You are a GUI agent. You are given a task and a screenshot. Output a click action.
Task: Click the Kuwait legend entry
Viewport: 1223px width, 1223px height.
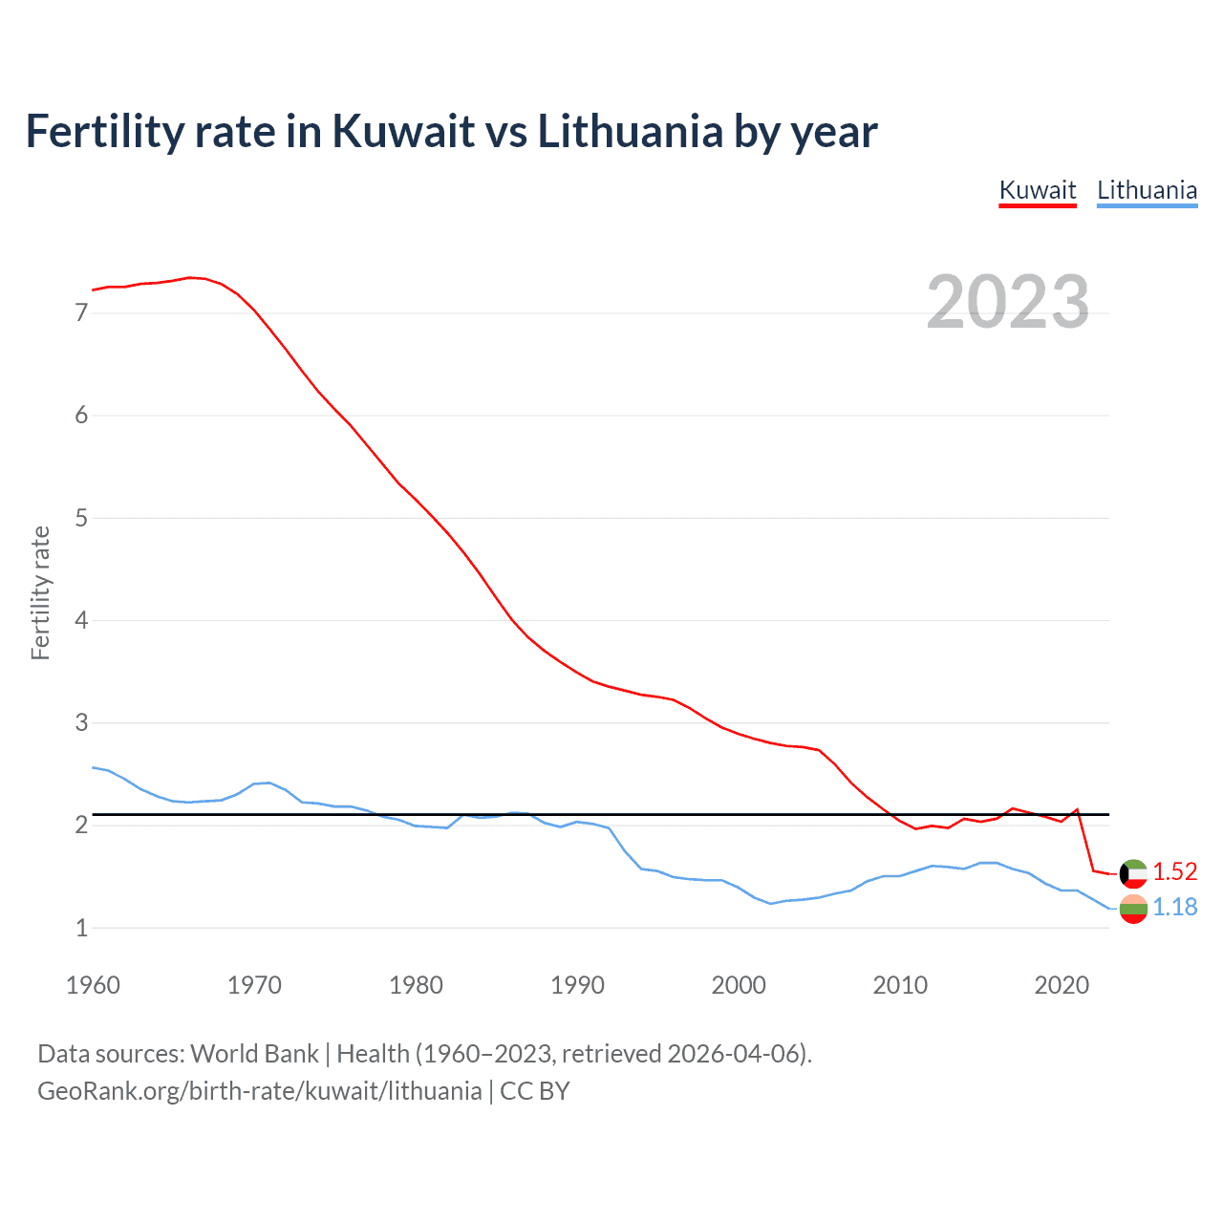click(1038, 190)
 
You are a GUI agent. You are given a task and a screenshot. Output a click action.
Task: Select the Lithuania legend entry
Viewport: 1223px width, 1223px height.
click(1147, 190)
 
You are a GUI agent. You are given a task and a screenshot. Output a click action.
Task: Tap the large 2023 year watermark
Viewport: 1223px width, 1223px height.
click(1008, 302)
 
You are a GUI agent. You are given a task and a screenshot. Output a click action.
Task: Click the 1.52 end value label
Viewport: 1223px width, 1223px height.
click(1174, 871)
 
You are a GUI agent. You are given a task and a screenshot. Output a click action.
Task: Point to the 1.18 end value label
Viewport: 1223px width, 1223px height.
click(1174, 907)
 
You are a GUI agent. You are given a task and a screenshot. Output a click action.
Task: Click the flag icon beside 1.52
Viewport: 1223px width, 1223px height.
click(1133, 872)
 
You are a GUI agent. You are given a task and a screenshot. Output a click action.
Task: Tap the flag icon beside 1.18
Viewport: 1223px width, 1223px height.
click(1133, 909)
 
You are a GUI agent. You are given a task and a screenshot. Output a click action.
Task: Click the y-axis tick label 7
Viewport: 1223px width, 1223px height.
click(81, 313)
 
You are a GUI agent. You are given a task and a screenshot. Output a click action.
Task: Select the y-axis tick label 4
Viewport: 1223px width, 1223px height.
click(81, 621)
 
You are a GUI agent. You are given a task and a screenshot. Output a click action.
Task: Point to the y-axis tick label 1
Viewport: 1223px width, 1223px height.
click(81, 928)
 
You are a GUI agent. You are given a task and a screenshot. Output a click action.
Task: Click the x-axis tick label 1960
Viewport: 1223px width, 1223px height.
click(93, 985)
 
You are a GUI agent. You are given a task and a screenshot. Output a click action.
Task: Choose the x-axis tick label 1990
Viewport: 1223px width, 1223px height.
click(577, 985)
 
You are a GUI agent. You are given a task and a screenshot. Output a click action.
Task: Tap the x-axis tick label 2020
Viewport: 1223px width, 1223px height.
click(1062, 985)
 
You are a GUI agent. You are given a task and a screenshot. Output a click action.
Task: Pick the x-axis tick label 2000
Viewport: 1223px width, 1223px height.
click(739, 985)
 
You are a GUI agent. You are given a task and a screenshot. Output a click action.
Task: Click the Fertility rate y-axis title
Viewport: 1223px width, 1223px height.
click(40, 592)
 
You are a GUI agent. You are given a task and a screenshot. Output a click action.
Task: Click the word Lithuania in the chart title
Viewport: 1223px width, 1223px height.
click(630, 132)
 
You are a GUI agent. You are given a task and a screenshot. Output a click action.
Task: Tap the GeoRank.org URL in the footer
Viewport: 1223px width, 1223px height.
click(259, 1091)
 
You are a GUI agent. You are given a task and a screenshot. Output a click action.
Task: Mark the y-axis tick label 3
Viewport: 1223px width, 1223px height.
click(81, 723)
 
